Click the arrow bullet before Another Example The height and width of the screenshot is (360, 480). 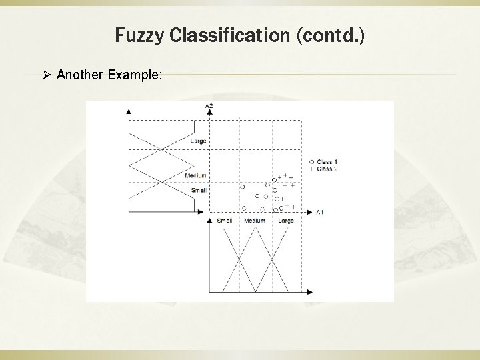pos(48,74)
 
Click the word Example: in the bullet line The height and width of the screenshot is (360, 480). pos(136,74)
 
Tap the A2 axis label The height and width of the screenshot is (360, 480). pos(209,105)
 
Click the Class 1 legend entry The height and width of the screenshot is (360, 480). pos(327,162)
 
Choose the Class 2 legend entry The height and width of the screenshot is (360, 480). pos(327,169)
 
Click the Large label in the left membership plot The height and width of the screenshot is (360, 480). pos(198,141)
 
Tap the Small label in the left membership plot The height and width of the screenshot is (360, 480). pos(199,190)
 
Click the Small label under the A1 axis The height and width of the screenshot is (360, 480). pos(223,221)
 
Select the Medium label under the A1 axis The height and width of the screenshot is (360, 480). pos(255,221)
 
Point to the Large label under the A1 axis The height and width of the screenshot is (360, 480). pos(285,221)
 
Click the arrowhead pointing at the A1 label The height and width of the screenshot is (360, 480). pos(310,211)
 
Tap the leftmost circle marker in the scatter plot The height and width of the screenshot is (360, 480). pos(242,187)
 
